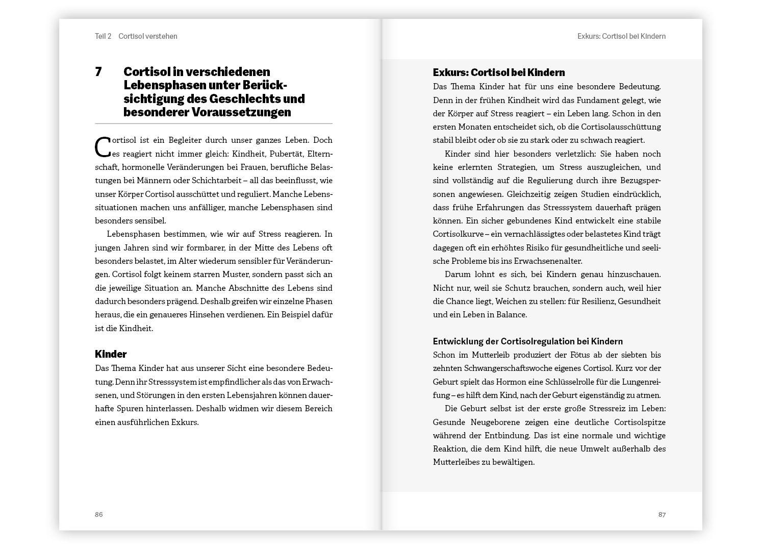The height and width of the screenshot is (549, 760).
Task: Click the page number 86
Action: (99, 514)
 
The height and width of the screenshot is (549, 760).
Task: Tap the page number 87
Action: (662, 514)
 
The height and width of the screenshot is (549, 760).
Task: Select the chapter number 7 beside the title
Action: (98, 72)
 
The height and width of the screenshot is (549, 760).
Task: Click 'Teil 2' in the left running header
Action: (103, 36)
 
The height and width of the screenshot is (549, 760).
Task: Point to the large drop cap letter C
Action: (103, 147)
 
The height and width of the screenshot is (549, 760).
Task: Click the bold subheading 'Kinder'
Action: (111, 354)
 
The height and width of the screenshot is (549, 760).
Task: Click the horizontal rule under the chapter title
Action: (213, 123)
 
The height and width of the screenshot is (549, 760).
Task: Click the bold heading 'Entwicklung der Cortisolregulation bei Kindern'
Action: (527, 341)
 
